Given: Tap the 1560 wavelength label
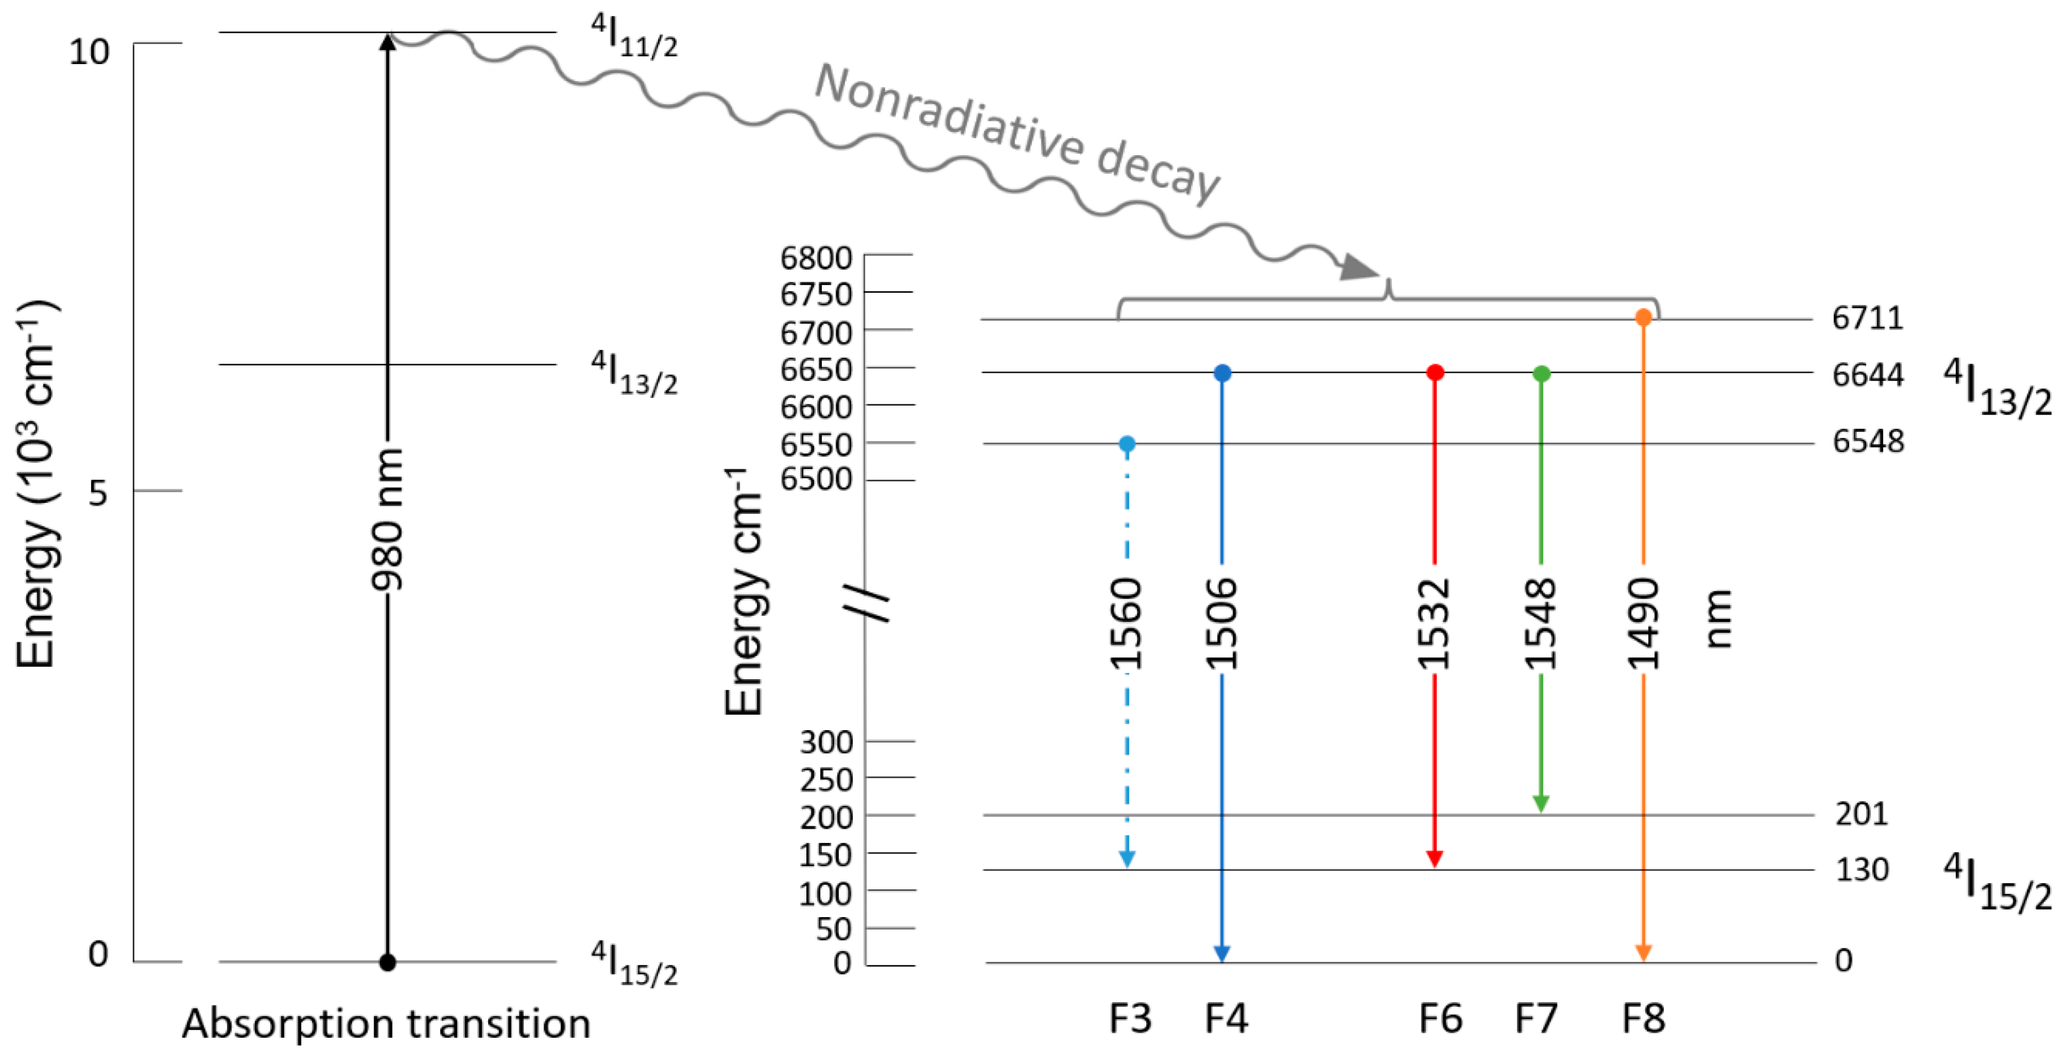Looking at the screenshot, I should coord(1126,624).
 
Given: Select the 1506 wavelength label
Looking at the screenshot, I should coord(1221,624).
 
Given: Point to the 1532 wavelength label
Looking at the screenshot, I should coord(1433,624).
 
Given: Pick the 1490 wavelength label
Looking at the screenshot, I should coord(1642,624).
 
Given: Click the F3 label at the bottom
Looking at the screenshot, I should coord(1130,1018).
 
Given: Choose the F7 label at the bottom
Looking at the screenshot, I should coord(1536,1018).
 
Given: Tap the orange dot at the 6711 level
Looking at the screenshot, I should coord(1643,318).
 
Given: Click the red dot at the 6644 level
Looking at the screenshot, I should coord(1435,373).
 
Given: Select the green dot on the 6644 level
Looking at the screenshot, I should coord(1541,373).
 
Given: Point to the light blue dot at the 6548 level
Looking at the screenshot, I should coord(1127,443).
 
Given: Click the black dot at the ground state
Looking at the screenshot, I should coord(387,962).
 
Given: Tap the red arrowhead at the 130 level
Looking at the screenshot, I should coord(1435,858).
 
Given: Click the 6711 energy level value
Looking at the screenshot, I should coord(1867,318).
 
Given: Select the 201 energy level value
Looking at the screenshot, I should coord(1861,814).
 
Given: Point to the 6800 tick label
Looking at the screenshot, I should coord(815,258).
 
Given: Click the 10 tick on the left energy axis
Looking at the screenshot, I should coord(88,52).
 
